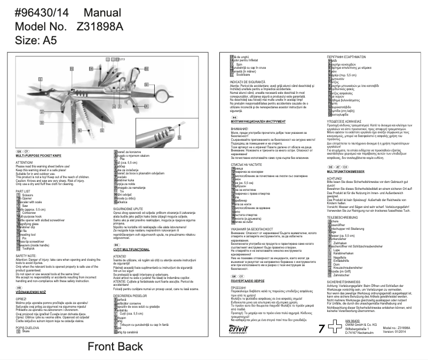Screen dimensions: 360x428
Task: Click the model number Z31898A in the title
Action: pos(100,27)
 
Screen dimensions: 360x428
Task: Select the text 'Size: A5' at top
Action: pos(35,41)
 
